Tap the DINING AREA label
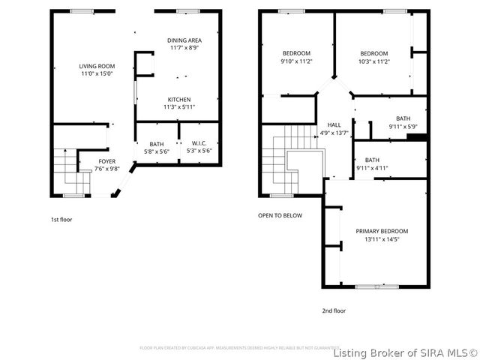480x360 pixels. click(183, 40)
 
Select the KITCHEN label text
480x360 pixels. click(178, 100)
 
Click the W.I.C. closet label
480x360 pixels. click(199, 143)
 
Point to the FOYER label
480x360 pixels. click(108, 161)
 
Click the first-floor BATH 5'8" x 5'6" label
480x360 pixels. click(156, 143)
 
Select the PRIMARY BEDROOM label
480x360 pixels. click(382, 231)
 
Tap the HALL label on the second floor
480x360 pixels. click(334, 125)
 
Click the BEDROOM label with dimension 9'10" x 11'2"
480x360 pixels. click(296, 53)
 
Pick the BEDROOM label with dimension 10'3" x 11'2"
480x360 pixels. click(373, 53)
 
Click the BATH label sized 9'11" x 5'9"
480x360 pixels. click(403, 118)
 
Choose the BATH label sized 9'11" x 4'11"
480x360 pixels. click(372, 160)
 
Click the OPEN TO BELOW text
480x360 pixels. click(280, 215)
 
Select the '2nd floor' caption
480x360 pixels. click(334, 310)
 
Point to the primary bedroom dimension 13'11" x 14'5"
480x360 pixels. click(382, 239)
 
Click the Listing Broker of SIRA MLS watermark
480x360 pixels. click(404, 352)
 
